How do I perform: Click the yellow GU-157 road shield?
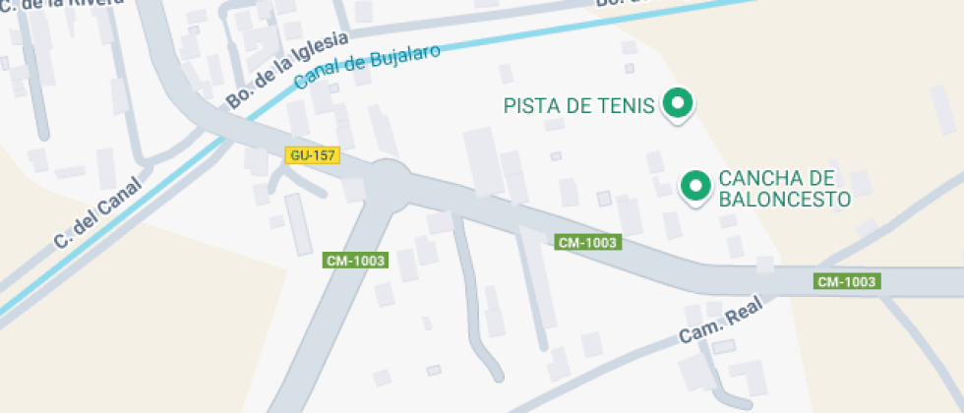(313, 155)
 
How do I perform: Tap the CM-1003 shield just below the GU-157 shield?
(355, 261)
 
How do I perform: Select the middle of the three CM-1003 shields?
(588, 242)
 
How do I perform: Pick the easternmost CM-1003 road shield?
(847, 281)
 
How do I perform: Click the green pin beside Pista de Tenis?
(677, 103)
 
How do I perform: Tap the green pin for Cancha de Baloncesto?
(696, 185)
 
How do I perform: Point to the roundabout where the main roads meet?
(389, 181)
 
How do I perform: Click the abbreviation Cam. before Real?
(700, 331)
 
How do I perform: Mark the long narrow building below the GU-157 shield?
(298, 224)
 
